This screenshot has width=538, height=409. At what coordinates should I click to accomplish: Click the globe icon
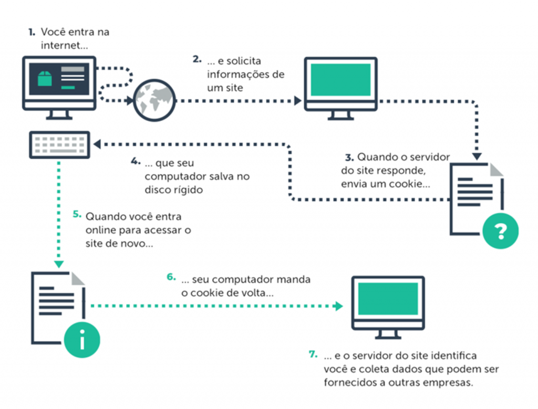(154, 100)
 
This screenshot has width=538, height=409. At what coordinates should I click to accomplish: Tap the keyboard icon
(60, 145)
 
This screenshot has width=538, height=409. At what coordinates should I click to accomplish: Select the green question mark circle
(500, 230)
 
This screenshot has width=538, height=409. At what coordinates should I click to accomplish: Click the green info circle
(82, 340)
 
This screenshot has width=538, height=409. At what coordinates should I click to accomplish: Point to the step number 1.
(32, 32)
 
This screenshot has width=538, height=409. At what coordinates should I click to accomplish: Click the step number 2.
(197, 59)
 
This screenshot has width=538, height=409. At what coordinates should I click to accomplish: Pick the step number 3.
(349, 158)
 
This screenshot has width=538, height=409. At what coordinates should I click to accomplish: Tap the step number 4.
(136, 161)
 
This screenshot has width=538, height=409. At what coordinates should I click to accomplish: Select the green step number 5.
(77, 215)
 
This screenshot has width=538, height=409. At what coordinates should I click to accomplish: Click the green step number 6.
(171, 277)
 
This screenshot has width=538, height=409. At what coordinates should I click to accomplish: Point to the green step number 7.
(313, 354)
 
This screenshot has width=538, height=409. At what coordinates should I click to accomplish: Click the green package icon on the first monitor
(45, 78)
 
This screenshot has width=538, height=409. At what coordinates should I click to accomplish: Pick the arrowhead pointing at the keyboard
(97, 144)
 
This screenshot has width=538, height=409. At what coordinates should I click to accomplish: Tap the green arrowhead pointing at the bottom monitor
(339, 306)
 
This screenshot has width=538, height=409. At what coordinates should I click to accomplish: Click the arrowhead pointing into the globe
(130, 101)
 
